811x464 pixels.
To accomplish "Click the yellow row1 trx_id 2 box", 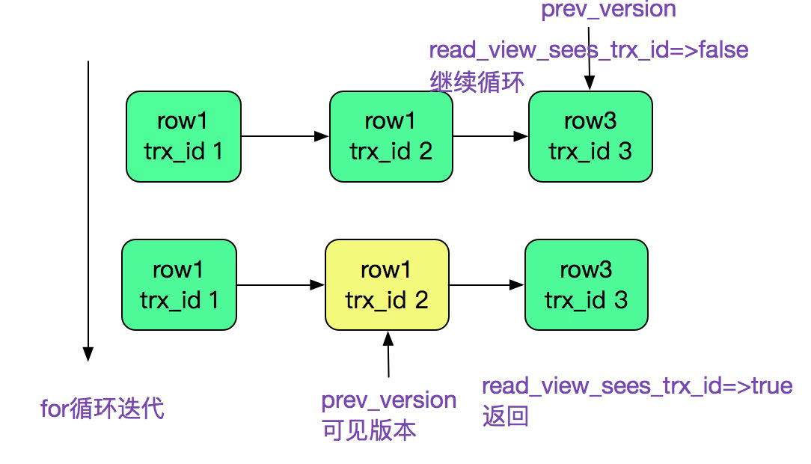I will pos(387,285).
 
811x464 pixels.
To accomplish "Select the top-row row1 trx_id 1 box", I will pos(183,136).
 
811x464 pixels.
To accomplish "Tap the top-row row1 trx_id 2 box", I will pos(391,136).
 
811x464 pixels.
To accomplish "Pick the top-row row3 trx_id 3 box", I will pos(590,136).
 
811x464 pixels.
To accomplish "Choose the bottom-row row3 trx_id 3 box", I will pos(586,285).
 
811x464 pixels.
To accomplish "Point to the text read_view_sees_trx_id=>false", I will pos(588,51).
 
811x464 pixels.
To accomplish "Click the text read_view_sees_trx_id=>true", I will pos(636,386).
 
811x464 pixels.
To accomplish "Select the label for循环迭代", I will pos(102,409).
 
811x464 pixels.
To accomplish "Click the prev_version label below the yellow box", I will pos(388,400).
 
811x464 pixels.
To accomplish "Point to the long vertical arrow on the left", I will pos(88,210).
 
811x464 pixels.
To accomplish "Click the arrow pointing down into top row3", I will pos(590,56).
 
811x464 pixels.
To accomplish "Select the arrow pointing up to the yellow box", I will pos(388,355).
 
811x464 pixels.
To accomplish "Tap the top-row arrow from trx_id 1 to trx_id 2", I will pos(284,136).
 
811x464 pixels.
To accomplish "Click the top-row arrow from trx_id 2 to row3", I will pos(490,136).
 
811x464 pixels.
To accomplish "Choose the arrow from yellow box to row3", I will pos(486,285).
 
